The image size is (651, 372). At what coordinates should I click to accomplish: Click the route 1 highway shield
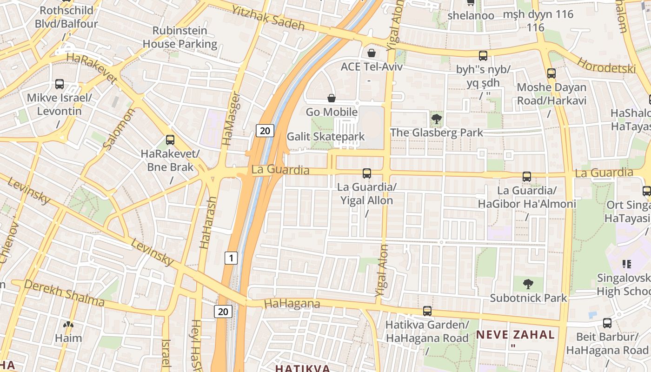point(231,258)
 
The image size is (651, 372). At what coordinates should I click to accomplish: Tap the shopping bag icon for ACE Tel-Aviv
point(371,53)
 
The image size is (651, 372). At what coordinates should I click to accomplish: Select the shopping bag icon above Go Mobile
point(332,98)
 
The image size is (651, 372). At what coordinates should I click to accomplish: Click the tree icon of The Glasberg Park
point(436,120)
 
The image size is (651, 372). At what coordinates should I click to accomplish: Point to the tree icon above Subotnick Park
point(528,284)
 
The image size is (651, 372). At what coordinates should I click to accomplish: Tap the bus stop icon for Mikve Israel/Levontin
point(60,84)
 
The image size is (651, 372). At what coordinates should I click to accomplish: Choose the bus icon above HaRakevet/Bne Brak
point(170,139)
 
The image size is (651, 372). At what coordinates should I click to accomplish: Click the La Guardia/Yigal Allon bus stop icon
point(367,173)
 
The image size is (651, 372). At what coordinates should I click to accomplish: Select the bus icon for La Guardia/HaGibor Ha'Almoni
point(527,177)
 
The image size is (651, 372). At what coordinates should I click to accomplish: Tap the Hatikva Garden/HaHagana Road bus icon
point(427,311)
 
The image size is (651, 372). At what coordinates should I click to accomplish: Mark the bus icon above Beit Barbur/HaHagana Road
point(607,323)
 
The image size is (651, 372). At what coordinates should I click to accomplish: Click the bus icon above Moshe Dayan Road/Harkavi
point(551,73)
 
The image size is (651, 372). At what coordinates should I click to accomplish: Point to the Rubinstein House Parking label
point(179,37)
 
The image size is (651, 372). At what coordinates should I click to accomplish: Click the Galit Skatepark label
point(325,137)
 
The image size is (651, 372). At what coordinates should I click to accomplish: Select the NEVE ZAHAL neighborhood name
point(515,334)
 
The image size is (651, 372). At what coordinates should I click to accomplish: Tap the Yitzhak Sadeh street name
point(268,18)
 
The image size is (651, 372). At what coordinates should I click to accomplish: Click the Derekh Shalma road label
point(64,293)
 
